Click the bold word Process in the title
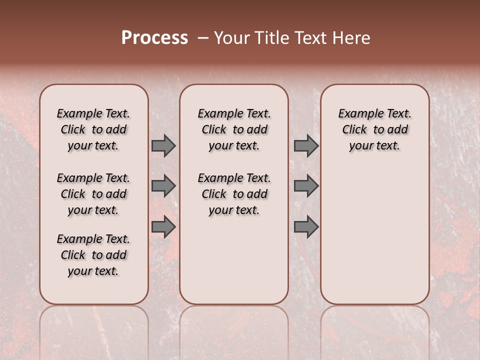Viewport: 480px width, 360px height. tap(154, 38)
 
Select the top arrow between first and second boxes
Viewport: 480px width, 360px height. tap(163, 145)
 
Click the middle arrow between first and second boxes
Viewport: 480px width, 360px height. tap(163, 186)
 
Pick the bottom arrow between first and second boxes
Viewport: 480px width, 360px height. tap(163, 226)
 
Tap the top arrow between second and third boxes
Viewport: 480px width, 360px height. tap(306, 145)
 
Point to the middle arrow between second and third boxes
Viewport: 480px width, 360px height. tap(306, 186)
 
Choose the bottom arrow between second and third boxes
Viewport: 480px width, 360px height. tap(306, 226)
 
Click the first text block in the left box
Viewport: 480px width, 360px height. tap(93, 129)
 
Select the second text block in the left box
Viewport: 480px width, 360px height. tap(93, 194)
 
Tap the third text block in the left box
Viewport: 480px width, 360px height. tap(93, 255)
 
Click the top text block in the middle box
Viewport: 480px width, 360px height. tap(234, 129)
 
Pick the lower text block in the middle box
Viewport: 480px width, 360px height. tap(234, 194)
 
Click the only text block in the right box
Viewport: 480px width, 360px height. tap(374, 129)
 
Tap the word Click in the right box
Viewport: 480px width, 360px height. tap(354, 130)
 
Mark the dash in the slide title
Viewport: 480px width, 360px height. tap(202, 38)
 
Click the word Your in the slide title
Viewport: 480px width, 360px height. tap(232, 38)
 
